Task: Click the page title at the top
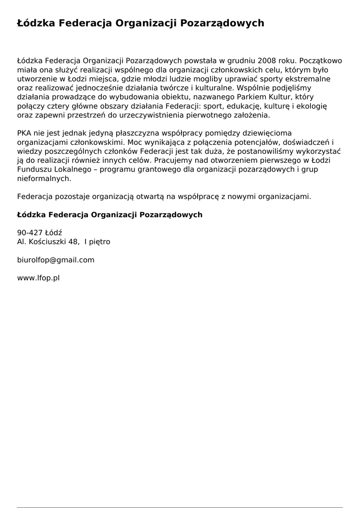[x=140, y=23]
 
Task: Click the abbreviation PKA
[x=24, y=133]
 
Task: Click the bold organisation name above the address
[x=110, y=215]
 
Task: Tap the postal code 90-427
[x=30, y=233]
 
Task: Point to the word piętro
[x=100, y=242]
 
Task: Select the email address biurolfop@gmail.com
[x=56, y=260]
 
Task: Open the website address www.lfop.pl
[x=38, y=278]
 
